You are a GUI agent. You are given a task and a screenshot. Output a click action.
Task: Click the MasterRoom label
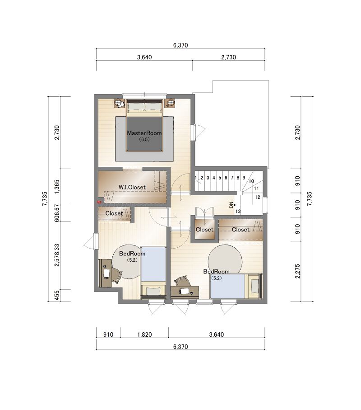[x=144, y=133]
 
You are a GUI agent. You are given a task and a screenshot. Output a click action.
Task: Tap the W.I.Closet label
[x=132, y=187]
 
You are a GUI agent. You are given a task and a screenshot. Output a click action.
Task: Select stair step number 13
[x=238, y=211]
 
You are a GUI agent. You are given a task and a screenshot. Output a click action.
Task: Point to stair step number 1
[x=196, y=178]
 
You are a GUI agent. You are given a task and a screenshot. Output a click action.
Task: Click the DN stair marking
[x=231, y=205]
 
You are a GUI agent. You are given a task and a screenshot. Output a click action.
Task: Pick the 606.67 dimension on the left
[x=57, y=213]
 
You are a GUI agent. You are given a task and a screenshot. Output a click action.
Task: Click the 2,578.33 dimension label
[x=57, y=255]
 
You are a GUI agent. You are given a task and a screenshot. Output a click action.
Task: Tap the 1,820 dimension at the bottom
[x=144, y=335]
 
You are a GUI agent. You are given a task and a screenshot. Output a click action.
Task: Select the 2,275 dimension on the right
[x=297, y=271]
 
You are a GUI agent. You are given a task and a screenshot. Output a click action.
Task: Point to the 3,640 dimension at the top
[x=144, y=57]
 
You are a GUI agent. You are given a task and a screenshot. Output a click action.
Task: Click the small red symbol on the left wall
[x=99, y=202]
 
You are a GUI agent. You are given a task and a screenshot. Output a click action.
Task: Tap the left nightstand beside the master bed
[x=119, y=103]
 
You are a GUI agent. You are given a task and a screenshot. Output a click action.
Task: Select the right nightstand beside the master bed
[x=170, y=103]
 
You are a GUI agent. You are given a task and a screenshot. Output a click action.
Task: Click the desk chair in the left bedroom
[x=116, y=275]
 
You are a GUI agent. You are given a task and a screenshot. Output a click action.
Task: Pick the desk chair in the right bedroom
[x=182, y=281]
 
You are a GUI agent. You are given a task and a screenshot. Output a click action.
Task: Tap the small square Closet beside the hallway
[x=204, y=229]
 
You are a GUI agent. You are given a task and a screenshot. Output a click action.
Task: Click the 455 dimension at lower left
[x=57, y=296]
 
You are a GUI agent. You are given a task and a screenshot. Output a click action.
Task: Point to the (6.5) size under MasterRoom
[x=144, y=139]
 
